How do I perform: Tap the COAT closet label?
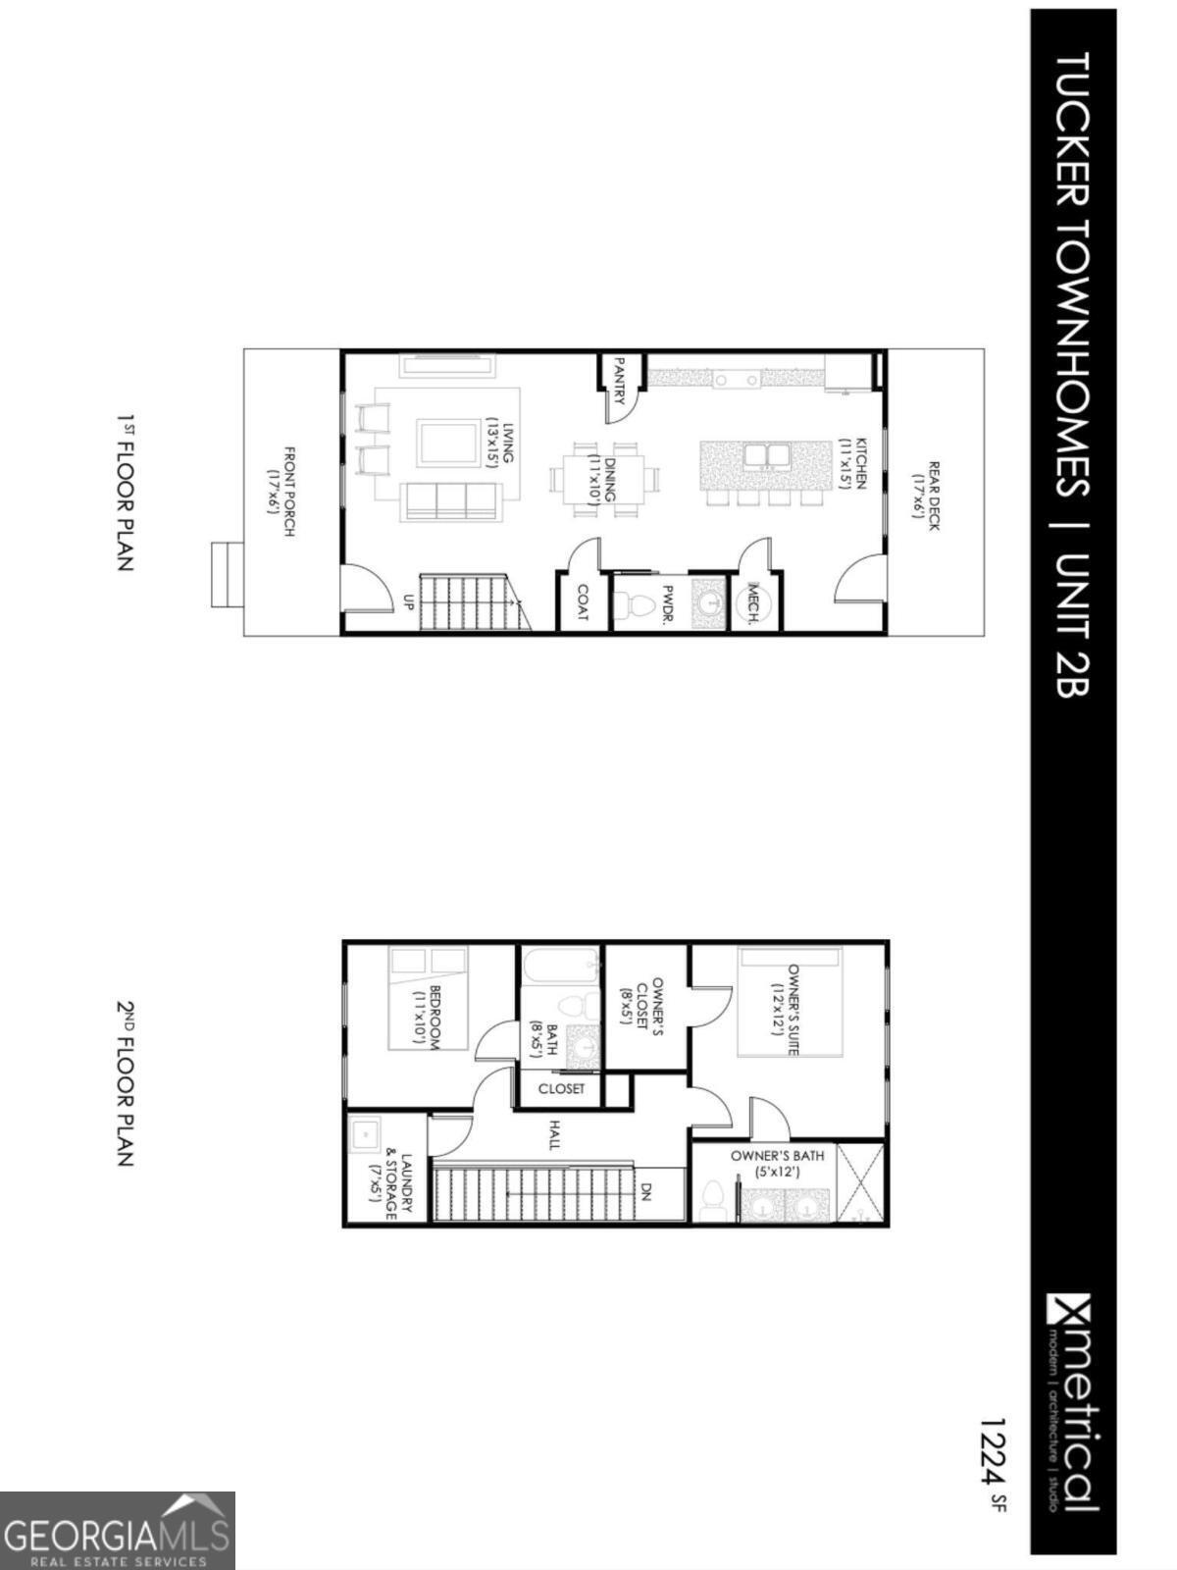(x=583, y=602)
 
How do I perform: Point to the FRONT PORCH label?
(x=281, y=492)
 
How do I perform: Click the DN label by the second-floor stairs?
(x=647, y=1191)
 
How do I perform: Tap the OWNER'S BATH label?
(x=777, y=1163)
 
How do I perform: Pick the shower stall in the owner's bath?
(x=860, y=1183)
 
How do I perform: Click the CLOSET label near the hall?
(x=561, y=1089)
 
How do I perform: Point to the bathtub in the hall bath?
(x=559, y=966)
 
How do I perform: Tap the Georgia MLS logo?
(x=117, y=1531)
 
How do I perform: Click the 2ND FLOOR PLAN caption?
(x=125, y=1083)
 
